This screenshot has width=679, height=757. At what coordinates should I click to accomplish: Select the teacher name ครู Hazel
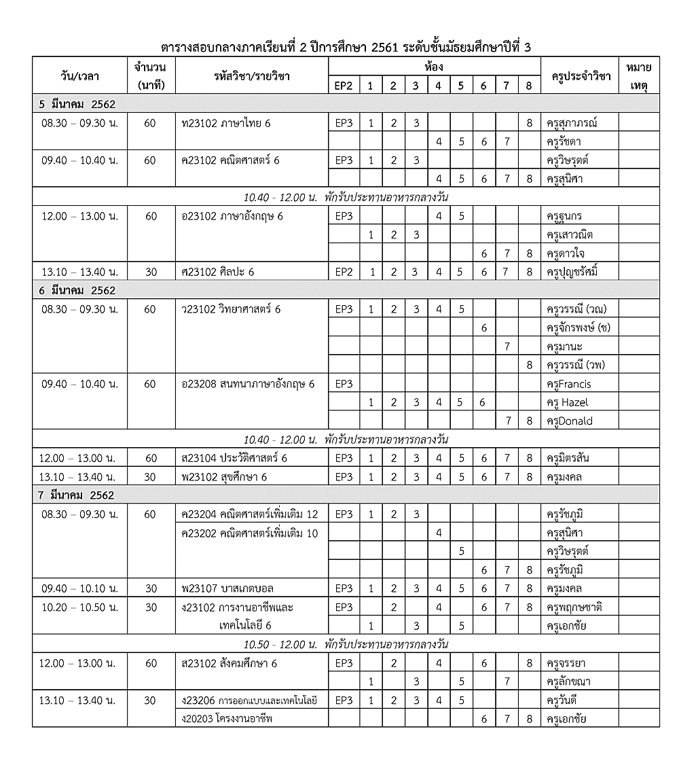567,402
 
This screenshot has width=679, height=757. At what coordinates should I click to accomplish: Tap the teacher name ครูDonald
569,421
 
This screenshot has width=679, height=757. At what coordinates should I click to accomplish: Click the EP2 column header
344,85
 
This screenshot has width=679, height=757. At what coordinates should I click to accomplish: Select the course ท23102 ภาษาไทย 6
227,123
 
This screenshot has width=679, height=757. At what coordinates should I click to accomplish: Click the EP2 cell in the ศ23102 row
344,272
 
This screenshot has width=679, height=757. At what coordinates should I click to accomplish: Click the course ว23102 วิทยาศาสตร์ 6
231,309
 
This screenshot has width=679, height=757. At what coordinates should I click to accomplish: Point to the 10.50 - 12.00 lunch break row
346,644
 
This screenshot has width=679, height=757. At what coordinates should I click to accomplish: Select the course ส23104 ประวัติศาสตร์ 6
234,458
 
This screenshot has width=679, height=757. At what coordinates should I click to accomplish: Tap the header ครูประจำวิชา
578,76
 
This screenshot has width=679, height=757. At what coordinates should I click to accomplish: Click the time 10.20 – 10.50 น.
79,607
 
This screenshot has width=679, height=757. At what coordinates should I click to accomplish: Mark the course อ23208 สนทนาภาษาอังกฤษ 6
248,384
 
